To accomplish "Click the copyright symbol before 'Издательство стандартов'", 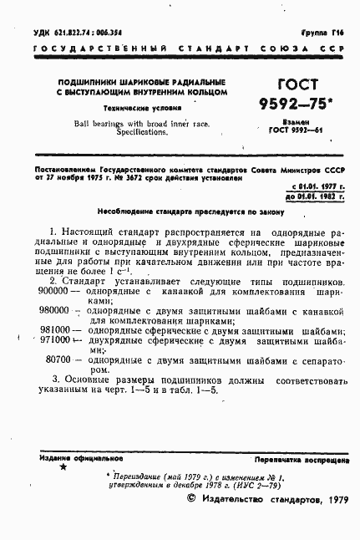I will tap(189, 521).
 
